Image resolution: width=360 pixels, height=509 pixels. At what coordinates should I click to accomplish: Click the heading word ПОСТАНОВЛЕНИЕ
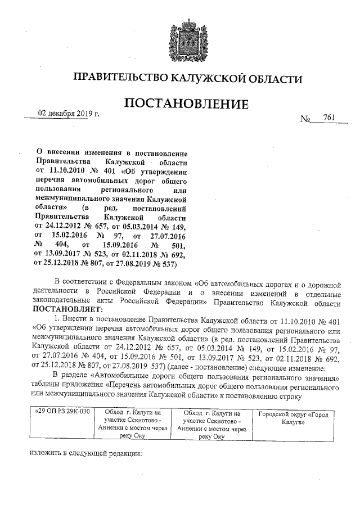186,105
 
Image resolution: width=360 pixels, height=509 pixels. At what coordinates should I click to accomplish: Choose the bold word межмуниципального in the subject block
70,199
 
